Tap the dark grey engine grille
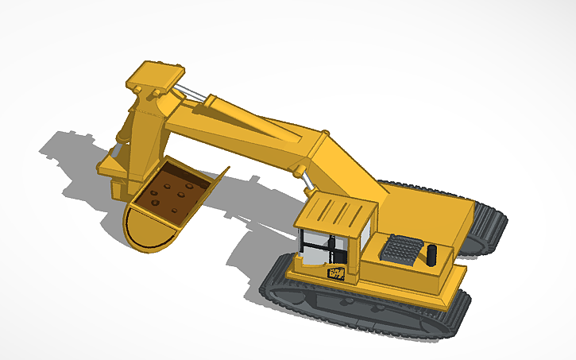(401, 249)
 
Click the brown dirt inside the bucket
(175, 195)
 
